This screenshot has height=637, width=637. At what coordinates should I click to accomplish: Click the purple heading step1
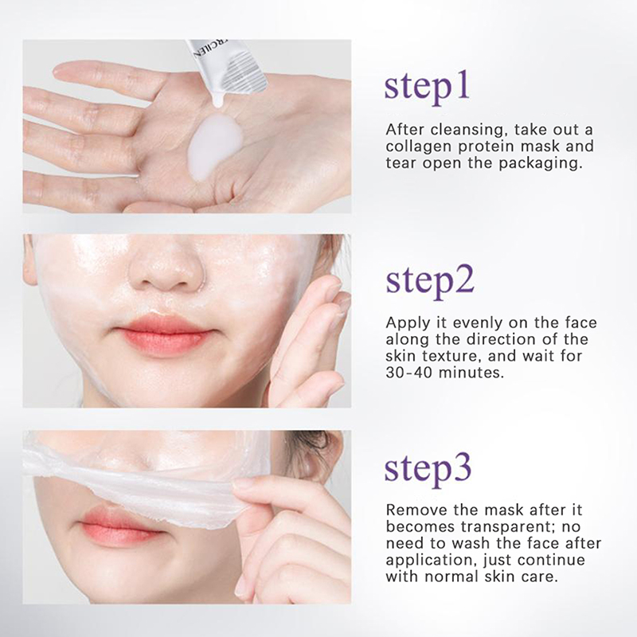pos(427,89)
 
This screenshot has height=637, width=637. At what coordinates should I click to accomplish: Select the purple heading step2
pos(430,282)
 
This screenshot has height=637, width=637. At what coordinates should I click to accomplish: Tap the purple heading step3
pos(428,470)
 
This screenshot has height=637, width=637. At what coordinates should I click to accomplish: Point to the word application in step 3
pos(431,561)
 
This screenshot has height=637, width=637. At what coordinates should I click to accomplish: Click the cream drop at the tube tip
pos(217,100)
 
